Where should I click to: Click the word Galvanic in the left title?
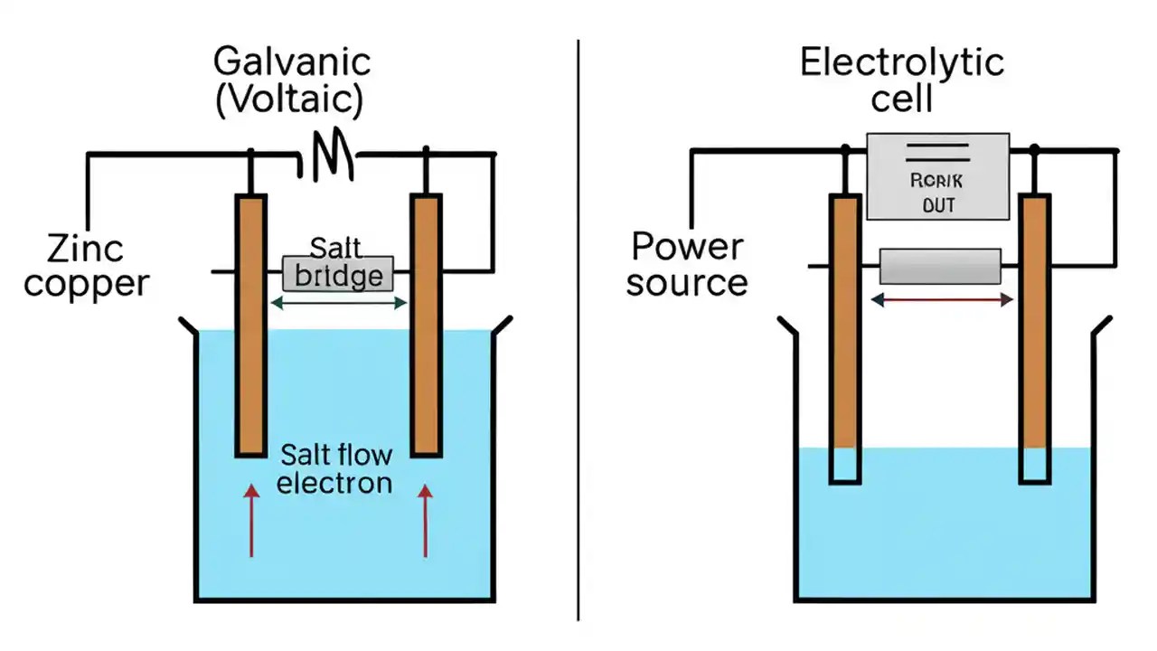point(291,62)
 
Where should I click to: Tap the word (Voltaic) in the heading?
point(289,99)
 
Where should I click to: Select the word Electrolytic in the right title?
point(901,62)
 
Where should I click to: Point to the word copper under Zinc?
point(86,284)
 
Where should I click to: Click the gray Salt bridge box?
point(338,272)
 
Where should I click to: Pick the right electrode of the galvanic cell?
point(426,325)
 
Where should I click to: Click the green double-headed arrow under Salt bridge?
point(338,304)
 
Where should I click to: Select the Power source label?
point(687,264)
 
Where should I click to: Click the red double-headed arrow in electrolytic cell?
point(940,299)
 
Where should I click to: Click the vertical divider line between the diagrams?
point(578,325)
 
